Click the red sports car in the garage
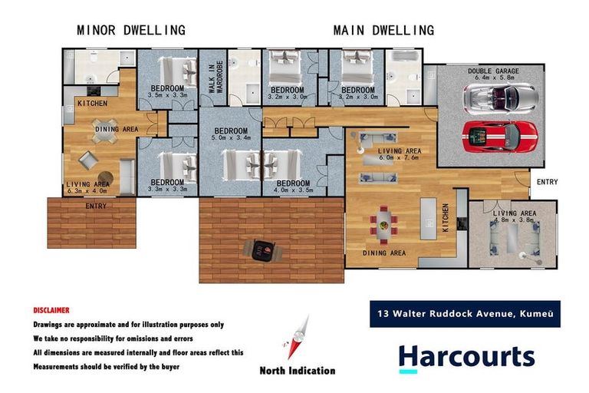pyautogui.click(x=500, y=136)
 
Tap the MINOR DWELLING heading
pyautogui.click(x=130, y=31)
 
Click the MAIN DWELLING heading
pyautogui.click(x=383, y=31)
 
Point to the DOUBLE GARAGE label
pyautogui.click(x=493, y=71)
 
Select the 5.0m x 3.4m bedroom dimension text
pyautogui.click(x=231, y=140)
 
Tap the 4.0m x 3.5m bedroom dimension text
pyautogui.click(x=293, y=191)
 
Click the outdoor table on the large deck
pyautogui.click(x=263, y=249)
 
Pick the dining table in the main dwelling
pyautogui.click(x=384, y=223)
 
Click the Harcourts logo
pyautogui.click(x=466, y=357)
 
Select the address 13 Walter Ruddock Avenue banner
pyautogui.click(x=465, y=313)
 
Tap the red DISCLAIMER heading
pyautogui.click(x=51, y=310)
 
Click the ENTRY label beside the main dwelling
pyautogui.click(x=548, y=182)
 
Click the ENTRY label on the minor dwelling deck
pyautogui.click(x=96, y=206)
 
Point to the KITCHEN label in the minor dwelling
pyautogui.click(x=92, y=103)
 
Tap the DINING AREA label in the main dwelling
pyautogui.click(x=385, y=253)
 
